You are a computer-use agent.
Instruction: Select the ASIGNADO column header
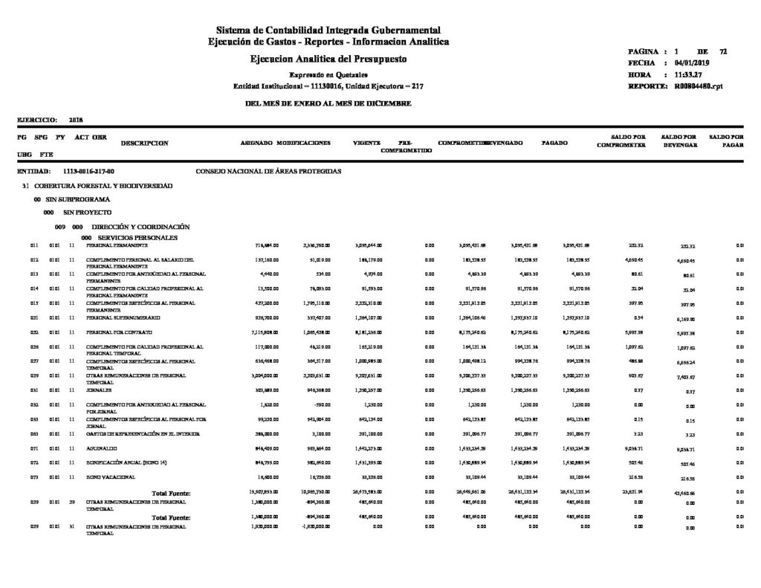tap(257, 141)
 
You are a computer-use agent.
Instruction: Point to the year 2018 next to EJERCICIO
tap(76, 119)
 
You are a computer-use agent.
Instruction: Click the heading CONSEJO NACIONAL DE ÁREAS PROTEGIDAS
tap(268, 171)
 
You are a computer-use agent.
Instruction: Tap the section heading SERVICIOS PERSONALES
tap(134, 236)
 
